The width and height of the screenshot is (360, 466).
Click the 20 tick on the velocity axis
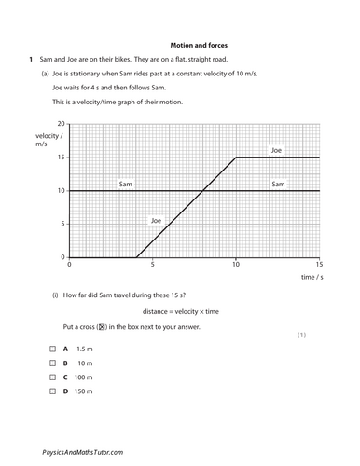pyautogui.click(x=62, y=124)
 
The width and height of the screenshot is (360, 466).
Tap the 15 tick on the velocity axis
pyautogui.click(x=62, y=158)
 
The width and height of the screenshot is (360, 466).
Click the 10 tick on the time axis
pyautogui.click(x=236, y=265)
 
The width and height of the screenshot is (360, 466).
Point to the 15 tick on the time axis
pyautogui.click(x=319, y=265)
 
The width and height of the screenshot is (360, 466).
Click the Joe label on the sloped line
pyautogui.click(x=157, y=221)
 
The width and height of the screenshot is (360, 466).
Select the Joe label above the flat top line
pyautogui.click(x=275, y=150)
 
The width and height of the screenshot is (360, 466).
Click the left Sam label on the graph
pyautogui.click(x=127, y=185)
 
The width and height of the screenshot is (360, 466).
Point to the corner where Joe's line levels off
pyautogui.click(x=236, y=158)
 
